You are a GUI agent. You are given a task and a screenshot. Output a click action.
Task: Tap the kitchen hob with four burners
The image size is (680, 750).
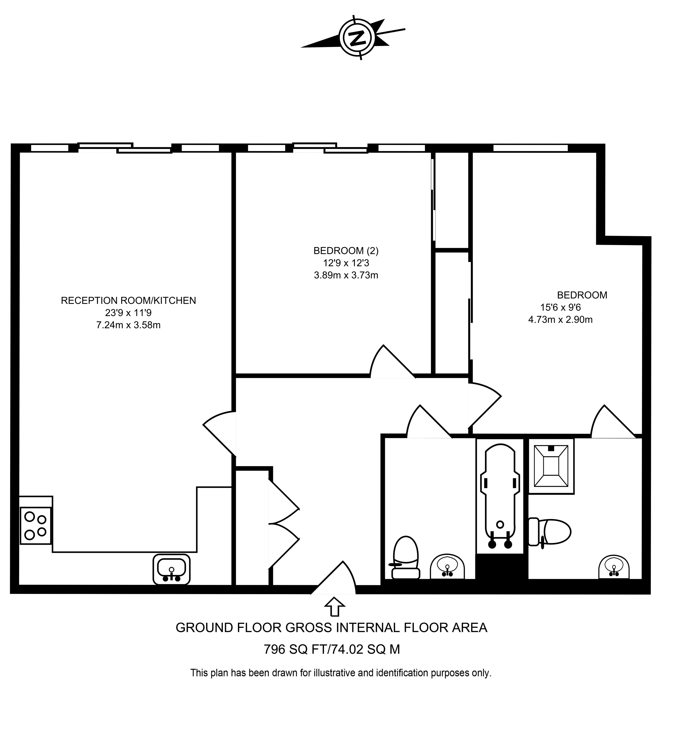point(35,525)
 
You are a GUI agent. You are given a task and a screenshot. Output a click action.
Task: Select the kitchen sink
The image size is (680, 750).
point(171,569)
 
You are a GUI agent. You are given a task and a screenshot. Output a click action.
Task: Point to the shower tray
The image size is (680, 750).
point(551,466)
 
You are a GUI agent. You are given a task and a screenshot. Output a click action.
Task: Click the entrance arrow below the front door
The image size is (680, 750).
point(334,607)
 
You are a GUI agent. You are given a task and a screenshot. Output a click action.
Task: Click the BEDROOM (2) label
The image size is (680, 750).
point(346,251)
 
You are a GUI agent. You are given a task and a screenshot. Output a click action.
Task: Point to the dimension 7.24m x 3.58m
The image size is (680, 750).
point(128,325)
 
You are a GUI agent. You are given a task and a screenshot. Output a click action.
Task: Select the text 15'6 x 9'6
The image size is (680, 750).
point(560,307)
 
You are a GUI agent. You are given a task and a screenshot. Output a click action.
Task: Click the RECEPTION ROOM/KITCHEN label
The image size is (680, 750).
point(128,300)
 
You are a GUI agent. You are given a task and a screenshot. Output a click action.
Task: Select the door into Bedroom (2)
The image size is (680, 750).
point(391,363)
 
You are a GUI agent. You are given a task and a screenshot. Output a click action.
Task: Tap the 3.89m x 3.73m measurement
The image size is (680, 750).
point(346,275)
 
